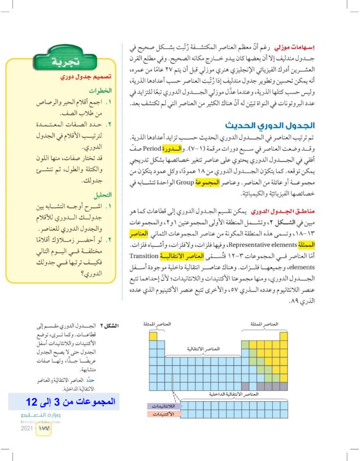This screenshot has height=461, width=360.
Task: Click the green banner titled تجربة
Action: (x=63, y=61)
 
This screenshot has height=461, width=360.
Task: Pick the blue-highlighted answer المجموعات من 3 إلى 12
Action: (x=64, y=400)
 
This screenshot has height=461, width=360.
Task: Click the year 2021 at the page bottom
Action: (x=27, y=428)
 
